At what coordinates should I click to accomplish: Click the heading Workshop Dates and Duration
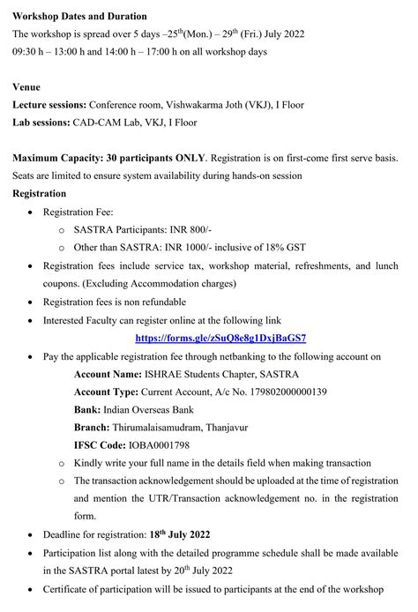coord(79,16)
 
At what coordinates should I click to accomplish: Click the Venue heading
coord(27,86)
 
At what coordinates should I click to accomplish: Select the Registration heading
coord(39,193)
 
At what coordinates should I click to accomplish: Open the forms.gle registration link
coord(220,338)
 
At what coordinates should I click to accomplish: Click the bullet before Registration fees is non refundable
coord(33,302)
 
